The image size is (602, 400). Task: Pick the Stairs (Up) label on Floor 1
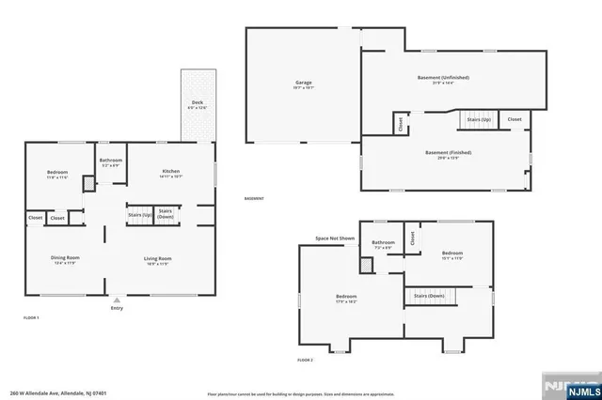[140, 215]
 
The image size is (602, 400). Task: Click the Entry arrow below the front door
[117, 300]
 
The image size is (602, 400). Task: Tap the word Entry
[117, 308]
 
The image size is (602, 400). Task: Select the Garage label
[303, 83]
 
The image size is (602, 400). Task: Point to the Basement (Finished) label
[448, 152]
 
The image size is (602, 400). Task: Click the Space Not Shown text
[334, 238]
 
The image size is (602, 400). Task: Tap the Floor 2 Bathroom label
[383, 242]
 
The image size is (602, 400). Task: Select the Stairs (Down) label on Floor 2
[428, 296]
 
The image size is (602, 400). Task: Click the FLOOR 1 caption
[32, 318]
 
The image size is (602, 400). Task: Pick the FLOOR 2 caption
[305, 360]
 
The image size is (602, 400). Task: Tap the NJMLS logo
[570, 388]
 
